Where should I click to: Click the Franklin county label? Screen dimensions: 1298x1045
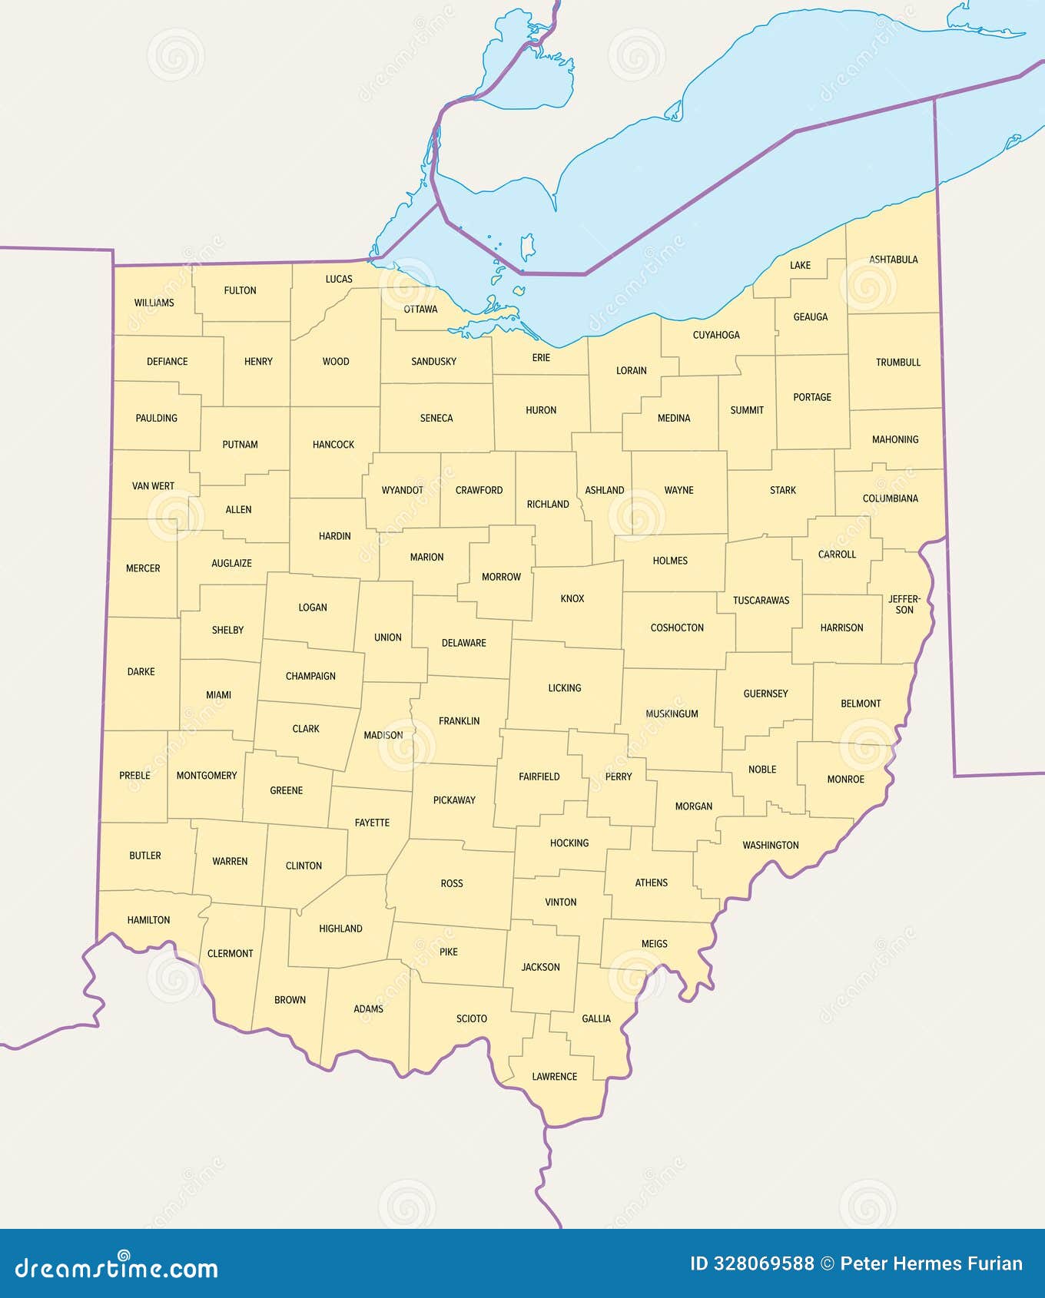click(x=459, y=720)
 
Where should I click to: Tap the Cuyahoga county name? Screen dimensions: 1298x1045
click(x=716, y=335)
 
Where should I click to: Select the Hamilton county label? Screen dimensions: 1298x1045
click(x=148, y=919)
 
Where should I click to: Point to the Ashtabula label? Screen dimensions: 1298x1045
click(x=893, y=260)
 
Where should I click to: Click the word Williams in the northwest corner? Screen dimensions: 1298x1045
click(x=154, y=303)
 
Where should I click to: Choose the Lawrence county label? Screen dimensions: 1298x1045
click(x=554, y=1076)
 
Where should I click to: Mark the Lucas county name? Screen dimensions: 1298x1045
click(x=339, y=279)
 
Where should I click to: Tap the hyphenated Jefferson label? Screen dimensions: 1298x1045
click(x=904, y=604)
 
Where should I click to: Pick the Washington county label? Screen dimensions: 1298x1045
click(x=770, y=845)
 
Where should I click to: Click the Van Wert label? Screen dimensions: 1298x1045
click(x=153, y=485)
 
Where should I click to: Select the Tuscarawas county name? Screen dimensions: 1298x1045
click(x=761, y=600)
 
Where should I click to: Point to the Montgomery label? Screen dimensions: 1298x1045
click(x=207, y=775)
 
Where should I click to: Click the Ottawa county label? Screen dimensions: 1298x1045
click(x=420, y=309)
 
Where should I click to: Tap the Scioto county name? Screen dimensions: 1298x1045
click(x=471, y=1018)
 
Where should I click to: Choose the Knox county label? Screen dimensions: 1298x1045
click(x=572, y=598)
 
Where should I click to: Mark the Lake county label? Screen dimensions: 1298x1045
click(x=800, y=265)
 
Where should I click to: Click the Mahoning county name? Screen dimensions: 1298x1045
click(x=895, y=439)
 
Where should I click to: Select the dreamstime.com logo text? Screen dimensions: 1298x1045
click(x=117, y=1268)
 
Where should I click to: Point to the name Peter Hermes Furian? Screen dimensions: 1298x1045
click(x=931, y=1264)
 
